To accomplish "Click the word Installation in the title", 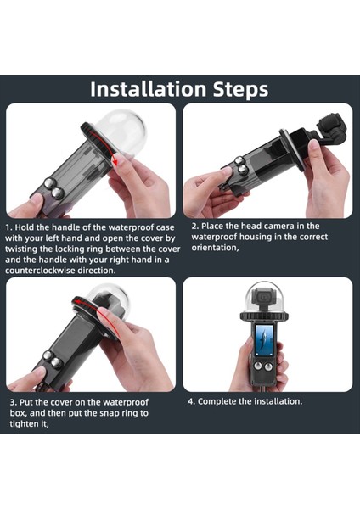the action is point(148,89).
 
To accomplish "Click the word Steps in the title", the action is point(241,89).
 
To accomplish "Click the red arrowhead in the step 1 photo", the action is point(114,160).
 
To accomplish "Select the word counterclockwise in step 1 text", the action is point(40,271).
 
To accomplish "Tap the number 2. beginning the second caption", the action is point(194,226).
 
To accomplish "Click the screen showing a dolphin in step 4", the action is point(264,339).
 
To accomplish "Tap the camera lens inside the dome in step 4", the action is point(264,296).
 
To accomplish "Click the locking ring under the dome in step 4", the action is point(264,315).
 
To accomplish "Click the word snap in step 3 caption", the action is point(109,414).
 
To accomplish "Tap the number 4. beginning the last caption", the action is point(191,401).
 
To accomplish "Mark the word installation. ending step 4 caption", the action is point(278,401).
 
